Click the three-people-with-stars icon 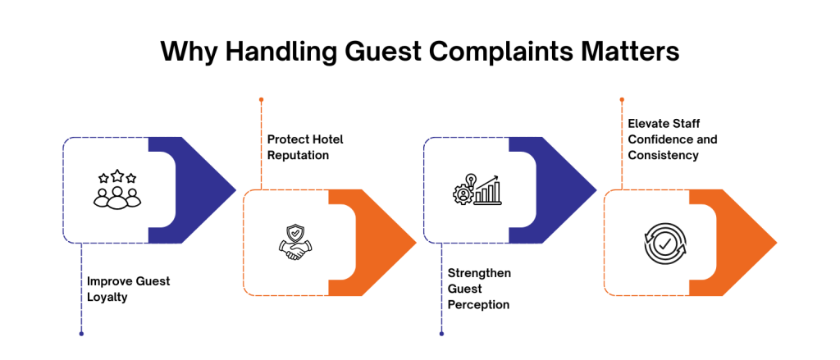[115, 189]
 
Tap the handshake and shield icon [294, 242]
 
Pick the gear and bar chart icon [476, 189]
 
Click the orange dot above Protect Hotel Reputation [261, 99]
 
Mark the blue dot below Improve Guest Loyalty [81, 334]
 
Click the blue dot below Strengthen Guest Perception [441, 334]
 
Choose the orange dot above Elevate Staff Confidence [622, 99]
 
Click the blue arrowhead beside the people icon [205, 189]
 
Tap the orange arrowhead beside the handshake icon [386, 242]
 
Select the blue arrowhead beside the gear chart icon [566, 189]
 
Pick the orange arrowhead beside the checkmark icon [746, 242]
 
